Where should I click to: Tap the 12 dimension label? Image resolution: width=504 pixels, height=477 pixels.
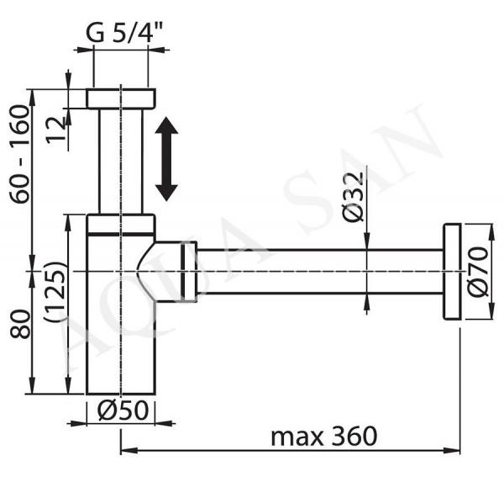[55, 130]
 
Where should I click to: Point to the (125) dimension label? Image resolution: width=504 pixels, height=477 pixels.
[55, 292]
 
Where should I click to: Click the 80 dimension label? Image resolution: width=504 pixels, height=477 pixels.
[19, 324]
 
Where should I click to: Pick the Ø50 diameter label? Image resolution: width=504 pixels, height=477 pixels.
[123, 410]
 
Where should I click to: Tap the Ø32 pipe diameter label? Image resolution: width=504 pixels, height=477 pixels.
[353, 197]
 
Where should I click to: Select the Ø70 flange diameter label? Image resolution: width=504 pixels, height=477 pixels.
[477, 271]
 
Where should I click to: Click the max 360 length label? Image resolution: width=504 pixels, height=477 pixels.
[323, 436]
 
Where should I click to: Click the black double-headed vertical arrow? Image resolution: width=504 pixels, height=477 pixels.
[166, 159]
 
